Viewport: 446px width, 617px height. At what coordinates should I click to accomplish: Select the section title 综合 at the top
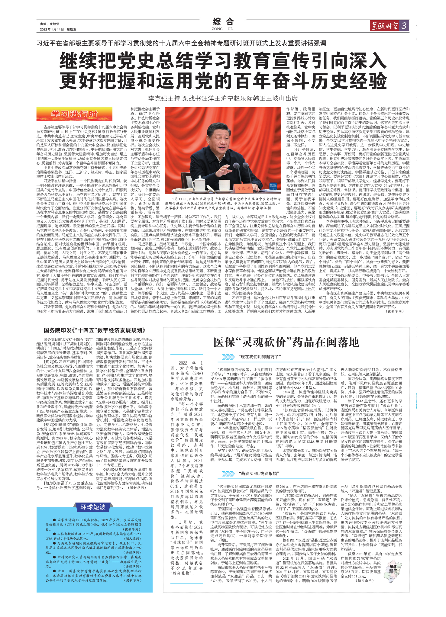(x=223, y=22)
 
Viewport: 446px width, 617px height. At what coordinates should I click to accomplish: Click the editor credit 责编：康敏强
(x=50, y=24)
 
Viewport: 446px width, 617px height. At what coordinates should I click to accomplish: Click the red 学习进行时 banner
(x=74, y=114)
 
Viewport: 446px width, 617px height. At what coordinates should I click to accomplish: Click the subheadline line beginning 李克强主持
(x=223, y=98)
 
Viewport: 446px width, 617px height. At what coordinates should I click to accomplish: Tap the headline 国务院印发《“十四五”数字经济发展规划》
(x=94, y=330)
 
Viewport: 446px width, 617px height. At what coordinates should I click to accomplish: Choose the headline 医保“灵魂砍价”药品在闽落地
(x=286, y=342)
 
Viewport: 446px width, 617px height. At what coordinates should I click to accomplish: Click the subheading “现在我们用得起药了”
(x=260, y=357)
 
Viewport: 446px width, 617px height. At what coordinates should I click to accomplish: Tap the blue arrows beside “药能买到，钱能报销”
(x=228, y=474)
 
